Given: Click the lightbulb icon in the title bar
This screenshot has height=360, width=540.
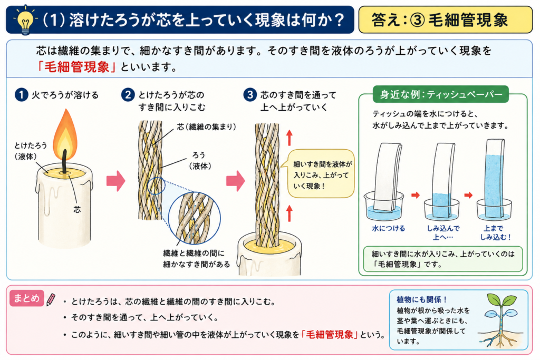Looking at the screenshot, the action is pyautogui.click(x=25, y=21).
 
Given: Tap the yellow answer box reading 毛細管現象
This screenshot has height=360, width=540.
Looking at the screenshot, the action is pyautogui.click(x=445, y=20).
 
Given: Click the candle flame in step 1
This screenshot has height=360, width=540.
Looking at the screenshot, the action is pyautogui.click(x=65, y=134).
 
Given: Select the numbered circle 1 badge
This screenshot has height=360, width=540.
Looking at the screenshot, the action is pyautogui.click(x=21, y=95).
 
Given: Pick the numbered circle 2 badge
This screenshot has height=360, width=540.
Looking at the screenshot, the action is pyautogui.click(x=128, y=95).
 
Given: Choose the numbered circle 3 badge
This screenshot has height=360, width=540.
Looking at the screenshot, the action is pyautogui.click(x=250, y=95).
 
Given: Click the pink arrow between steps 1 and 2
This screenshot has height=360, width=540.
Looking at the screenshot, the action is pyautogui.click(x=115, y=181).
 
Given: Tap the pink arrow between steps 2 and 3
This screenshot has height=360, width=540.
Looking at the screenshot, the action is pyautogui.click(x=236, y=181).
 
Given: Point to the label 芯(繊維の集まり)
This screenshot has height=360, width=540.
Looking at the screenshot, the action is pyautogui.click(x=207, y=127).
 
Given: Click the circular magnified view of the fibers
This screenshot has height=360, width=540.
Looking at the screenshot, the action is pyautogui.click(x=195, y=218).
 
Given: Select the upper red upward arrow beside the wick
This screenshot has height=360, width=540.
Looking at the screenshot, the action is pyautogui.click(x=290, y=138).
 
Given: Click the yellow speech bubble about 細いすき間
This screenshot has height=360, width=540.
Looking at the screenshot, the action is pyautogui.click(x=320, y=173).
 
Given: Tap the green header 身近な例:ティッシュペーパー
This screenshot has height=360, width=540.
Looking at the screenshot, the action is pyautogui.click(x=440, y=94).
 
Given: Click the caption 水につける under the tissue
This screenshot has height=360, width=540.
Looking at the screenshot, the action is pyautogui.click(x=389, y=228).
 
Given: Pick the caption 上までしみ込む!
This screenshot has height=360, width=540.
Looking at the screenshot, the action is pyautogui.click(x=495, y=232).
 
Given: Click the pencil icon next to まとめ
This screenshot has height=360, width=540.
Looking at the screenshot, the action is pyautogui.click(x=51, y=299).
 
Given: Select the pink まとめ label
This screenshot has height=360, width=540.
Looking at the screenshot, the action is pyautogui.click(x=27, y=298).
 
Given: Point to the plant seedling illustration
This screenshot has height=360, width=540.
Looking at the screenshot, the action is pyautogui.click(x=500, y=320).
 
